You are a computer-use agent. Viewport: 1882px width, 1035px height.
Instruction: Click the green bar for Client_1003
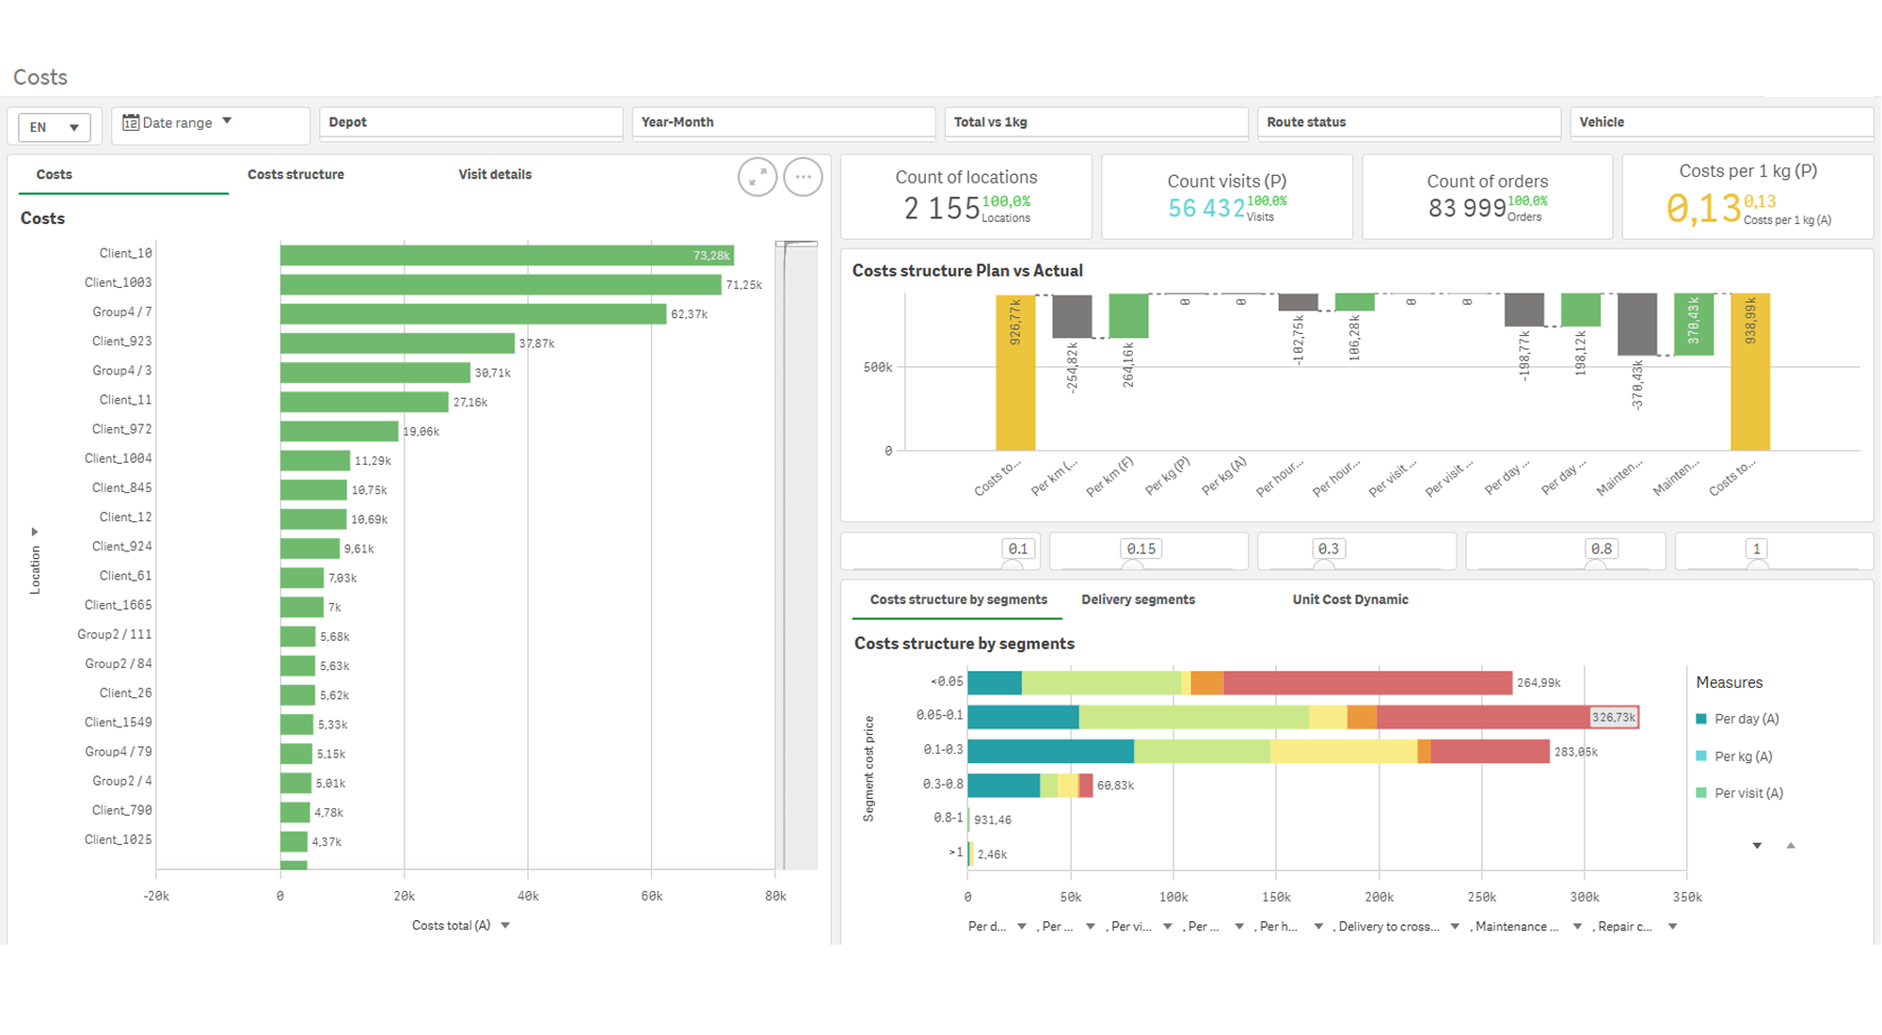(x=501, y=284)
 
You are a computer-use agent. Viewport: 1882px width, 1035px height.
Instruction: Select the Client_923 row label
(x=121, y=342)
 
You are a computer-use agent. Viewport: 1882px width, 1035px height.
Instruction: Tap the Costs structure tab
(x=295, y=174)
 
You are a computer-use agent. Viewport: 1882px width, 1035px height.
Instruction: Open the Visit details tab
(x=495, y=174)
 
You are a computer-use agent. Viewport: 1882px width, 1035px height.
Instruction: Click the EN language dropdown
(x=55, y=127)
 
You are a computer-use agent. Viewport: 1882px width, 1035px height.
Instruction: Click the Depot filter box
(x=470, y=123)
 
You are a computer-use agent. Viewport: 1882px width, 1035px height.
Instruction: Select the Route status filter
(x=1409, y=123)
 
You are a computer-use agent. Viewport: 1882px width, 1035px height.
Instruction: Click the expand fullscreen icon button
(x=758, y=177)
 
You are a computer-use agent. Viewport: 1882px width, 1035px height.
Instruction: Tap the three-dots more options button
(x=803, y=177)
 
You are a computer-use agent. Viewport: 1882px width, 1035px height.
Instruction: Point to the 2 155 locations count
(x=942, y=208)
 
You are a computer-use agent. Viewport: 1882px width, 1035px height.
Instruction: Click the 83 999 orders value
(x=1466, y=208)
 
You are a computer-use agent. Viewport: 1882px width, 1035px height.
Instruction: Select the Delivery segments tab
(x=1138, y=599)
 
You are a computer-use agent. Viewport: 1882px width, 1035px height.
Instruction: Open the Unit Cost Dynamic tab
(x=1350, y=599)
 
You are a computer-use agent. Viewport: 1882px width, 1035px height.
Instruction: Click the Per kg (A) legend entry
(x=1743, y=756)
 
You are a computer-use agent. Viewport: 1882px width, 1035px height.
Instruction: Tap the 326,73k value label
(x=1614, y=717)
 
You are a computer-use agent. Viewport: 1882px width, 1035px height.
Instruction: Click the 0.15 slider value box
(x=1140, y=549)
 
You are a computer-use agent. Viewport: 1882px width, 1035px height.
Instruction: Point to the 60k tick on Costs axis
(x=651, y=897)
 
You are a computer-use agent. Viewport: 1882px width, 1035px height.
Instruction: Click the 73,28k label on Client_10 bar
(x=711, y=256)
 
